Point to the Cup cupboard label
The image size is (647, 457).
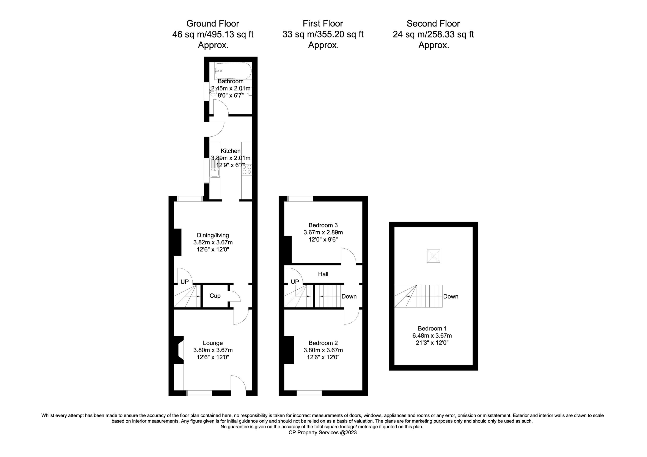pyautogui.click(x=215, y=296)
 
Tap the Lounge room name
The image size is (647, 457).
pyautogui.click(x=213, y=343)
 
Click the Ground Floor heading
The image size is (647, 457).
pyautogui.click(x=212, y=23)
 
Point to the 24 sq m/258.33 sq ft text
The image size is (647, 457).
pyautogui.click(x=433, y=34)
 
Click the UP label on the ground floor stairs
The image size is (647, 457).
pyautogui.click(x=184, y=282)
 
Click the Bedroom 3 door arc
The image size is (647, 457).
pyautogui.click(x=348, y=256)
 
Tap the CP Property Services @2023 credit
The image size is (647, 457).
pyautogui.click(x=322, y=432)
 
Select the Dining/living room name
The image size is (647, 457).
pyautogui.click(x=213, y=235)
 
